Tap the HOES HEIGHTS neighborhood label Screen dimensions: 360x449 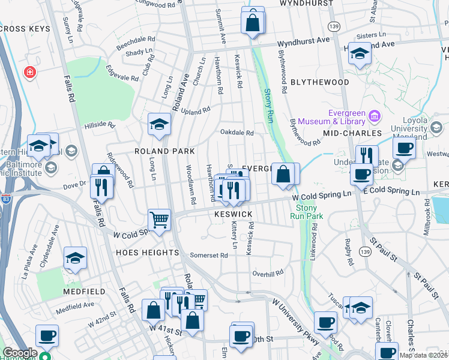pos(147,253)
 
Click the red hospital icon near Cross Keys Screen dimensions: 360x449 pos(28,73)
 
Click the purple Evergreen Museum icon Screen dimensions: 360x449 pos(375,115)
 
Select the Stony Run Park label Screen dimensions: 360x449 pos(311,211)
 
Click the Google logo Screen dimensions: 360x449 pos(20,353)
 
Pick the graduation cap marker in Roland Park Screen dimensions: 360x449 pos(160,124)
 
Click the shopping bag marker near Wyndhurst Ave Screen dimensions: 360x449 pos(253,23)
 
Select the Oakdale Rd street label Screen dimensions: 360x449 pos(237,133)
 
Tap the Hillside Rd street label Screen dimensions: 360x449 pos(99,125)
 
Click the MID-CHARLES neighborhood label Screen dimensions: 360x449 pos(352,133)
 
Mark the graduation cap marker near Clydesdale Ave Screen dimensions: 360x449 pos(76,257)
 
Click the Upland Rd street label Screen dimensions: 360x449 pos(196,111)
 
